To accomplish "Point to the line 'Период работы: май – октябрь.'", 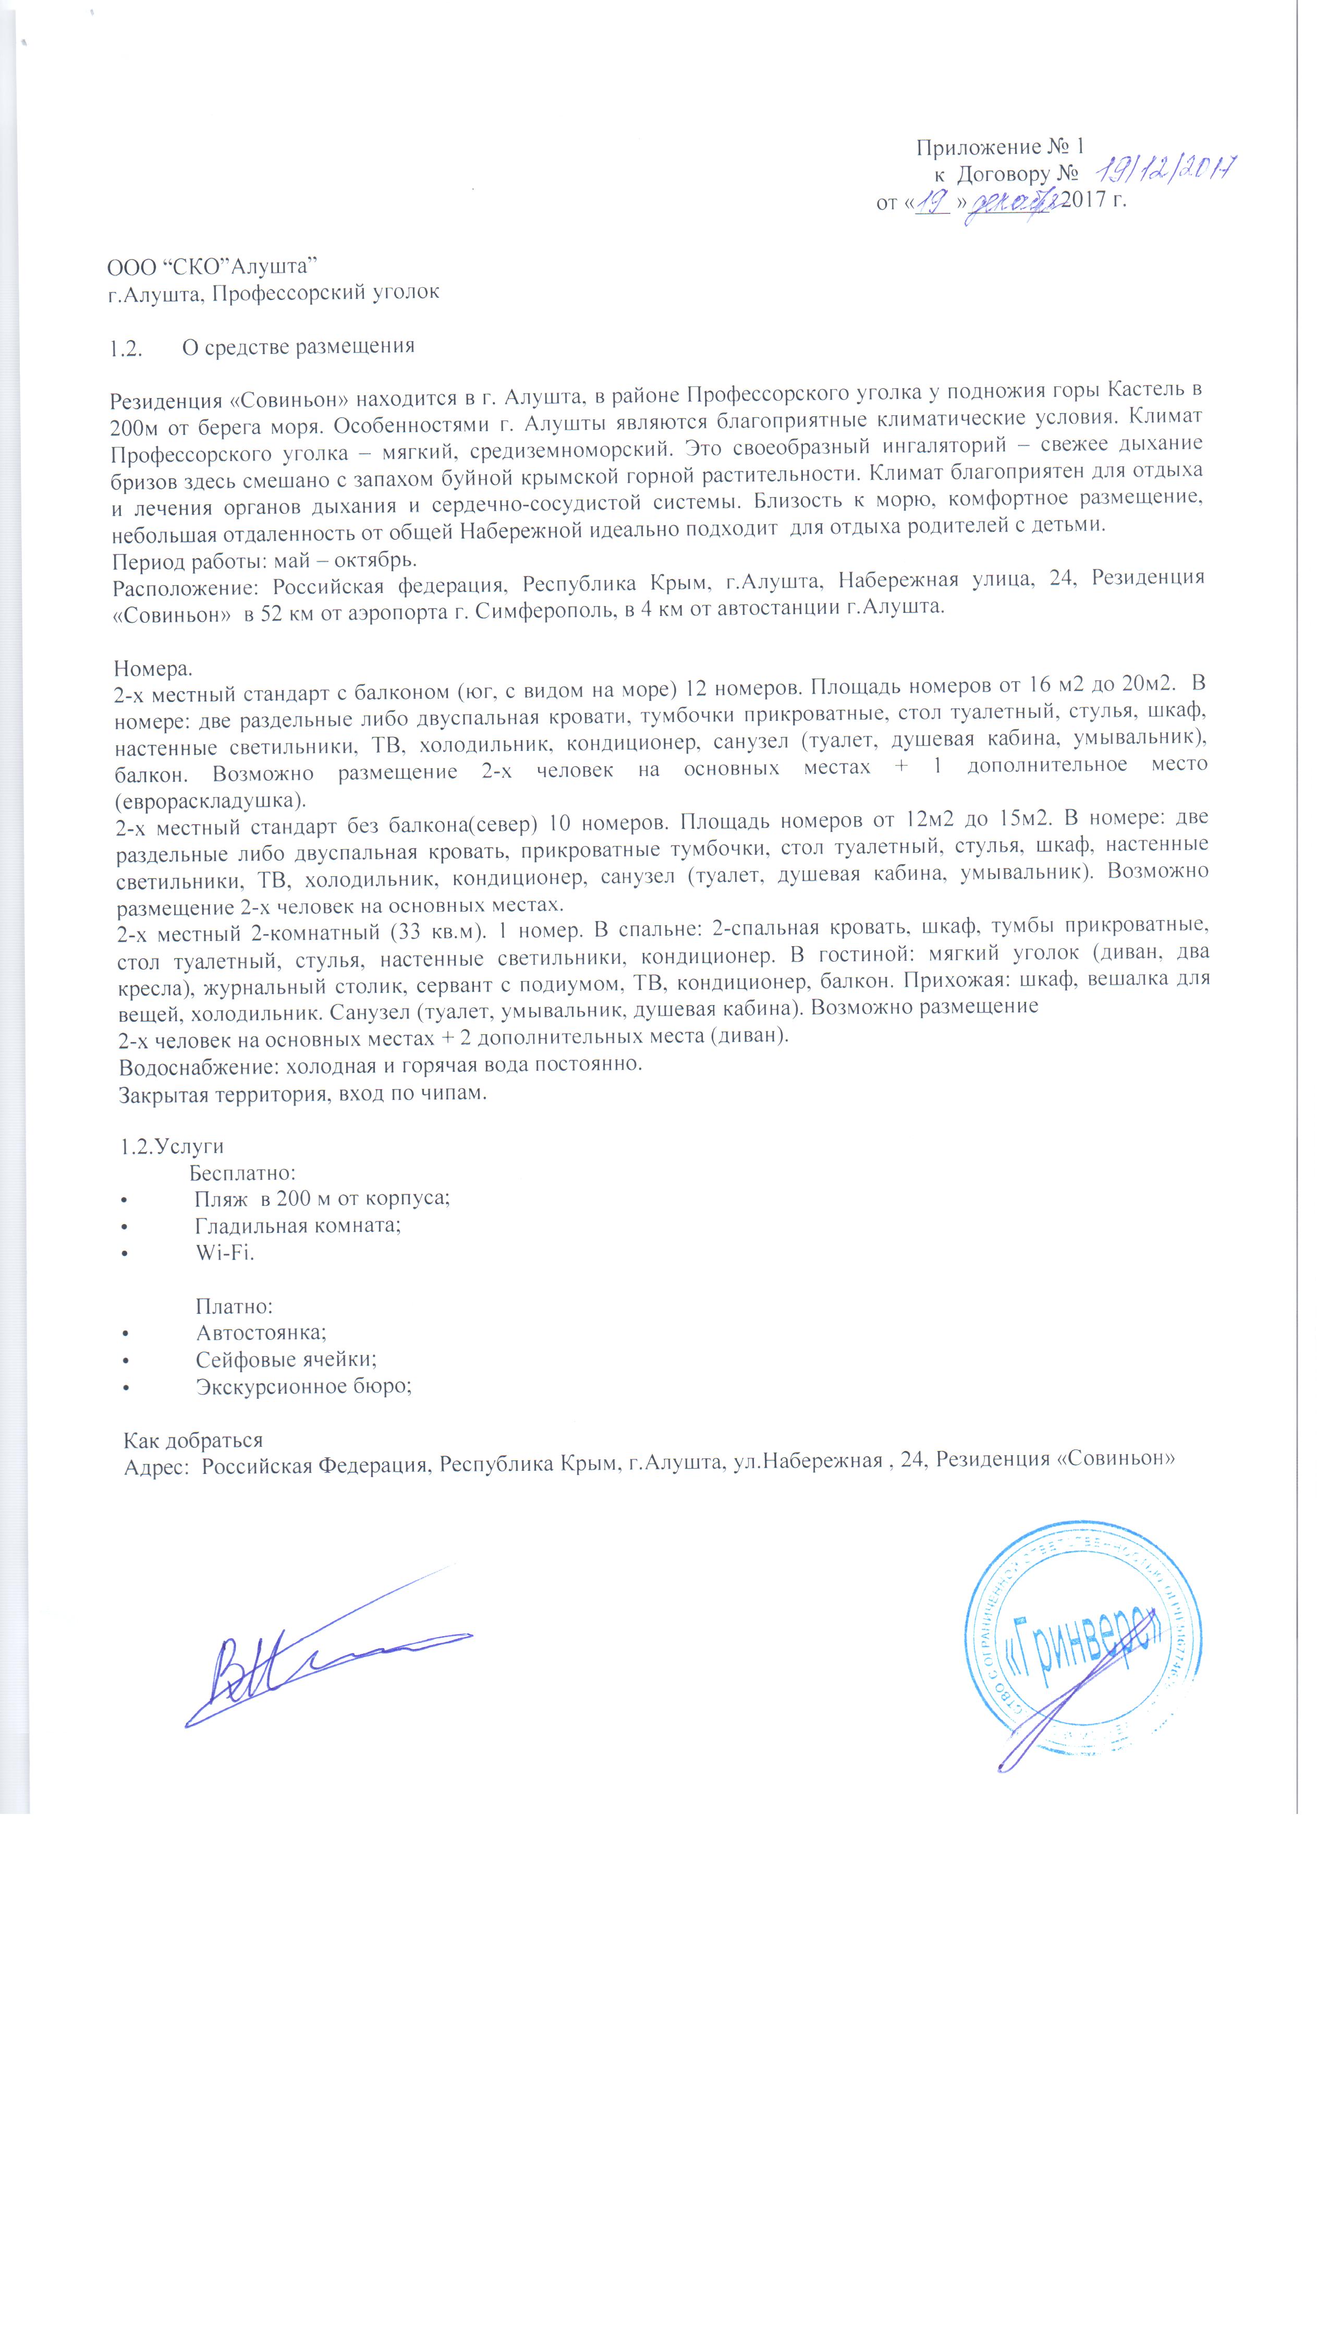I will coord(265,560).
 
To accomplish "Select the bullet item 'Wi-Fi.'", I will coord(225,1252).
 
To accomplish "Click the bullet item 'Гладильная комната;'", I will coord(298,1225).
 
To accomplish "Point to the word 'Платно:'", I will coord(235,1306).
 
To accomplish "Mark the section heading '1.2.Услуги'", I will coord(172,1146).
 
